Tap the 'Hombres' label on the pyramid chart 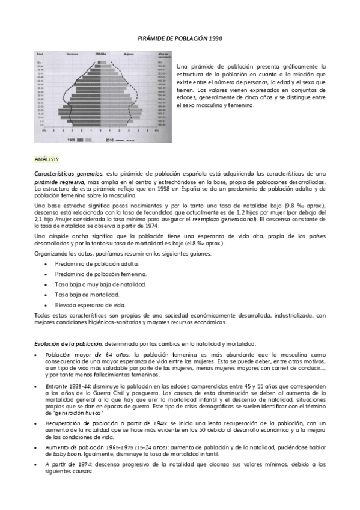(73, 55)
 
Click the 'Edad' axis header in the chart (41, 55)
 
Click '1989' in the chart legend (70, 140)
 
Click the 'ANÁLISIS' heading (47, 159)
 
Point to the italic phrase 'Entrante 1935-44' (66, 384)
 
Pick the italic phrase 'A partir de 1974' (65, 465)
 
